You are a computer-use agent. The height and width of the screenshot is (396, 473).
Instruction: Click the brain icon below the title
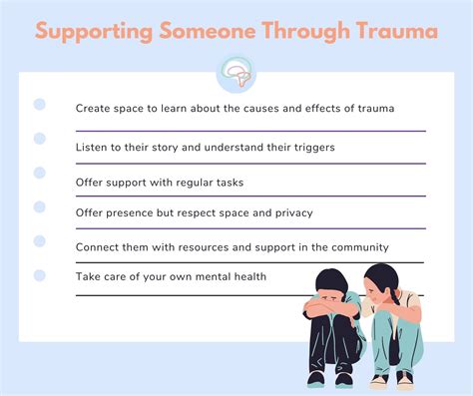click(236, 75)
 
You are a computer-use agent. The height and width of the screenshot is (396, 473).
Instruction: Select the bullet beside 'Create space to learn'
click(40, 104)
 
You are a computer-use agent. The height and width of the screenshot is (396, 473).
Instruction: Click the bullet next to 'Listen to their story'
click(40, 139)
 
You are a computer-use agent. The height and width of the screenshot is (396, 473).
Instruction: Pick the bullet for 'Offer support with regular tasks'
click(40, 173)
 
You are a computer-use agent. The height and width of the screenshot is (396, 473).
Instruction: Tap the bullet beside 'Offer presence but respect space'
click(40, 206)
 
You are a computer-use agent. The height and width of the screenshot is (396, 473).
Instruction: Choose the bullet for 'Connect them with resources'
click(40, 240)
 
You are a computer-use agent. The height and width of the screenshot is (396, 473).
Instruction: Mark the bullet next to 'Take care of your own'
click(40, 274)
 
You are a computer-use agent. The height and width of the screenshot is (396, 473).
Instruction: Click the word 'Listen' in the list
click(94, 147)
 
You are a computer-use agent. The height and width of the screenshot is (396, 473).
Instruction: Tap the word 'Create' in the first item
click(96, 108)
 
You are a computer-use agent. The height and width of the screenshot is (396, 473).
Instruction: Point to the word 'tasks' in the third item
click(226, 182)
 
